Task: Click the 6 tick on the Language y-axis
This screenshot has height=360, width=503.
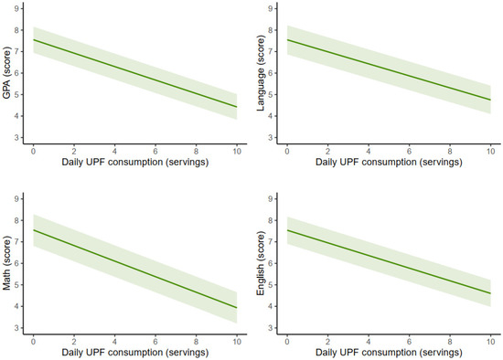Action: click(273, 73)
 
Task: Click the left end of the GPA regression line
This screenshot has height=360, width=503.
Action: click(33, 40)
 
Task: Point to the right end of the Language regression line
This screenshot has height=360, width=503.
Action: click(490, 100)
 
